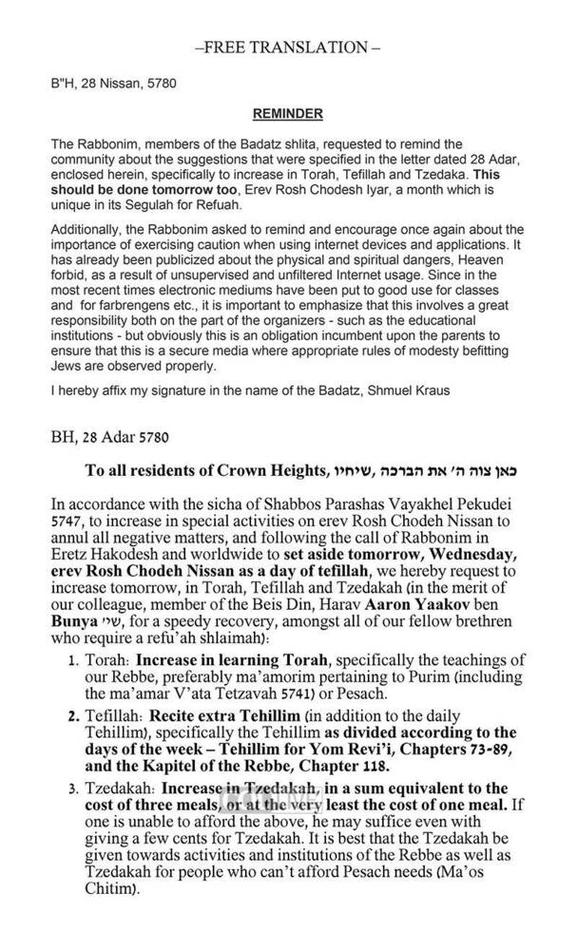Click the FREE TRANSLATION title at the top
pos(287,47)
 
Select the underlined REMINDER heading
pos(287,115)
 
